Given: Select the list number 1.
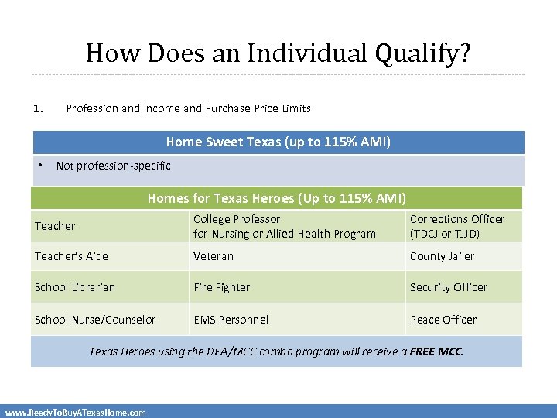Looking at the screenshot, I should pyautogui.click(x=38, y=108).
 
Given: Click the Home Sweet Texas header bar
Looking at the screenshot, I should pyautogui.click(x=278, y=142).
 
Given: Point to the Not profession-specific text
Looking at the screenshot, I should pyautogui.click(x=114, y=165).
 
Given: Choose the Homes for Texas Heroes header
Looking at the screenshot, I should pyautogui.click(x=276, y=198).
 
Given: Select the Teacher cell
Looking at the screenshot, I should pyautogui.click(x=55, y=226).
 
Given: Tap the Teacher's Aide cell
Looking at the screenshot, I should pyautogui.click(x=71, y=256).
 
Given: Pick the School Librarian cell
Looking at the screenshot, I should pyautogui.click(x=74, y=287).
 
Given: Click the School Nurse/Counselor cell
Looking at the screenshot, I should pyautogui.click(x=95, y=320).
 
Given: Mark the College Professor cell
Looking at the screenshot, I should pyautogui.click(x=284, y=226).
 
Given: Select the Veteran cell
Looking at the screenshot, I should pyautogui.click(x=214, y=256).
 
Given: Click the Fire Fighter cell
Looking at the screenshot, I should pyautogui.click(x=222, y=287).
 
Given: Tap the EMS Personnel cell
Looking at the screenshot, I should pyautogui.click(x=231, y=320).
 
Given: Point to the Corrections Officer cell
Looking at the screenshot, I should pyautogui.click(x=456, y=226).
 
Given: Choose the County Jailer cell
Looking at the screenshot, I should pyautogui.click(x=443, y=256).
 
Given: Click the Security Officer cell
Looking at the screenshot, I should pyautogui.click(x=449, y=287).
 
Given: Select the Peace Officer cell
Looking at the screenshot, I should pyautogui.click(x=443, y=320).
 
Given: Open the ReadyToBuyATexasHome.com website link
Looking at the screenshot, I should pyautogui.click(x=75, y=413).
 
